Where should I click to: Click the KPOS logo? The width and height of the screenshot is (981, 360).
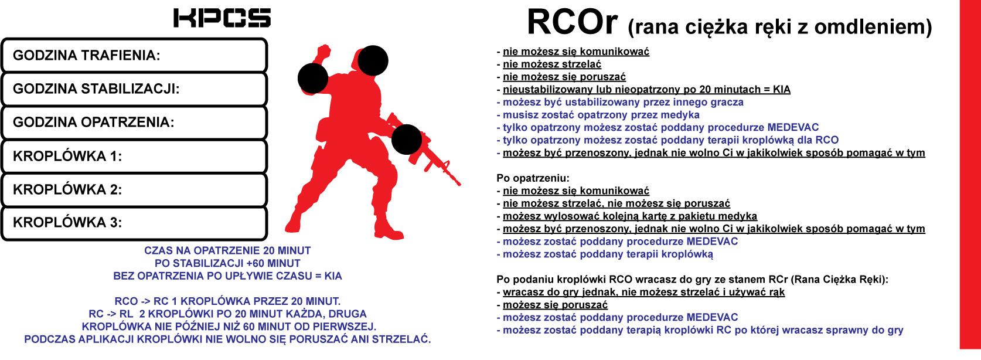[222, 18]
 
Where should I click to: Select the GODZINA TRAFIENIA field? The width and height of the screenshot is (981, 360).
[134, 55]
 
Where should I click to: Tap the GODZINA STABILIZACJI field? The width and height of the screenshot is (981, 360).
[134, 89]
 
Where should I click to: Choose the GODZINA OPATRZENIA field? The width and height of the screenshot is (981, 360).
[134, 122]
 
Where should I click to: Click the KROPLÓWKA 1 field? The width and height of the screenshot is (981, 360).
[134, 156]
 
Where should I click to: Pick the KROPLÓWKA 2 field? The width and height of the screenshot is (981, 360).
[134, 189]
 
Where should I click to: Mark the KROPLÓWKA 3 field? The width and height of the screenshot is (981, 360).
[134, 223]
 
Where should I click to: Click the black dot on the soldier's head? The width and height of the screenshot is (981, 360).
[373, 60]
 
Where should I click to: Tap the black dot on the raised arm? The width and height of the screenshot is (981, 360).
[313, 79]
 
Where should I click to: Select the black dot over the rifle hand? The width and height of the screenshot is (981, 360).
[407, 140]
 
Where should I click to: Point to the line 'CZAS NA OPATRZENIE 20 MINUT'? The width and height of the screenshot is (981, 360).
[227, 250]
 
